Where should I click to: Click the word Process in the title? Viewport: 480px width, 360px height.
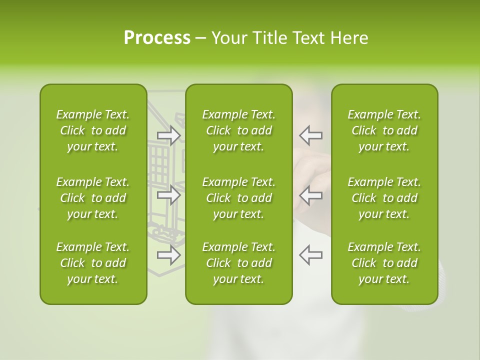pos(157,38)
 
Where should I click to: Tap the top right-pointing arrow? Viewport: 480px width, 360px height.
pos(168,135)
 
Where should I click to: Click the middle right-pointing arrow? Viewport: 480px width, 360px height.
pos(168,195)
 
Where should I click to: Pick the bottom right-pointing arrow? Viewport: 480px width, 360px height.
pos(168,255)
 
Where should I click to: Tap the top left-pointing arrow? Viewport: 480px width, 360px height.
pos(310,135)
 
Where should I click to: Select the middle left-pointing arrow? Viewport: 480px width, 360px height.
pos(310,195)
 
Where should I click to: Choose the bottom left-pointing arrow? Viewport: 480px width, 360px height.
pos(310,255)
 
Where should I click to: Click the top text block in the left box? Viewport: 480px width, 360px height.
pos(93,130)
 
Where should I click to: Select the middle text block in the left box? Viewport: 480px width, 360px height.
pos(93,198)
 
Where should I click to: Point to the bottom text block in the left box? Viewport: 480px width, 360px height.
pos(93,263)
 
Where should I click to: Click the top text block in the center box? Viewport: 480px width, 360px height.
pos(239,130)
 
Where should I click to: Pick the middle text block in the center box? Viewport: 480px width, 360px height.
pos(239,198)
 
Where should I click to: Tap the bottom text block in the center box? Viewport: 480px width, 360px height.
pos(239,263)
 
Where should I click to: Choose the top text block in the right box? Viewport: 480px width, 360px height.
pos(384,130)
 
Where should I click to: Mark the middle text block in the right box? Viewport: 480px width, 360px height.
pos(384,198)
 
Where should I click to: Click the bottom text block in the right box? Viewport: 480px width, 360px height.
pos(384,263)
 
